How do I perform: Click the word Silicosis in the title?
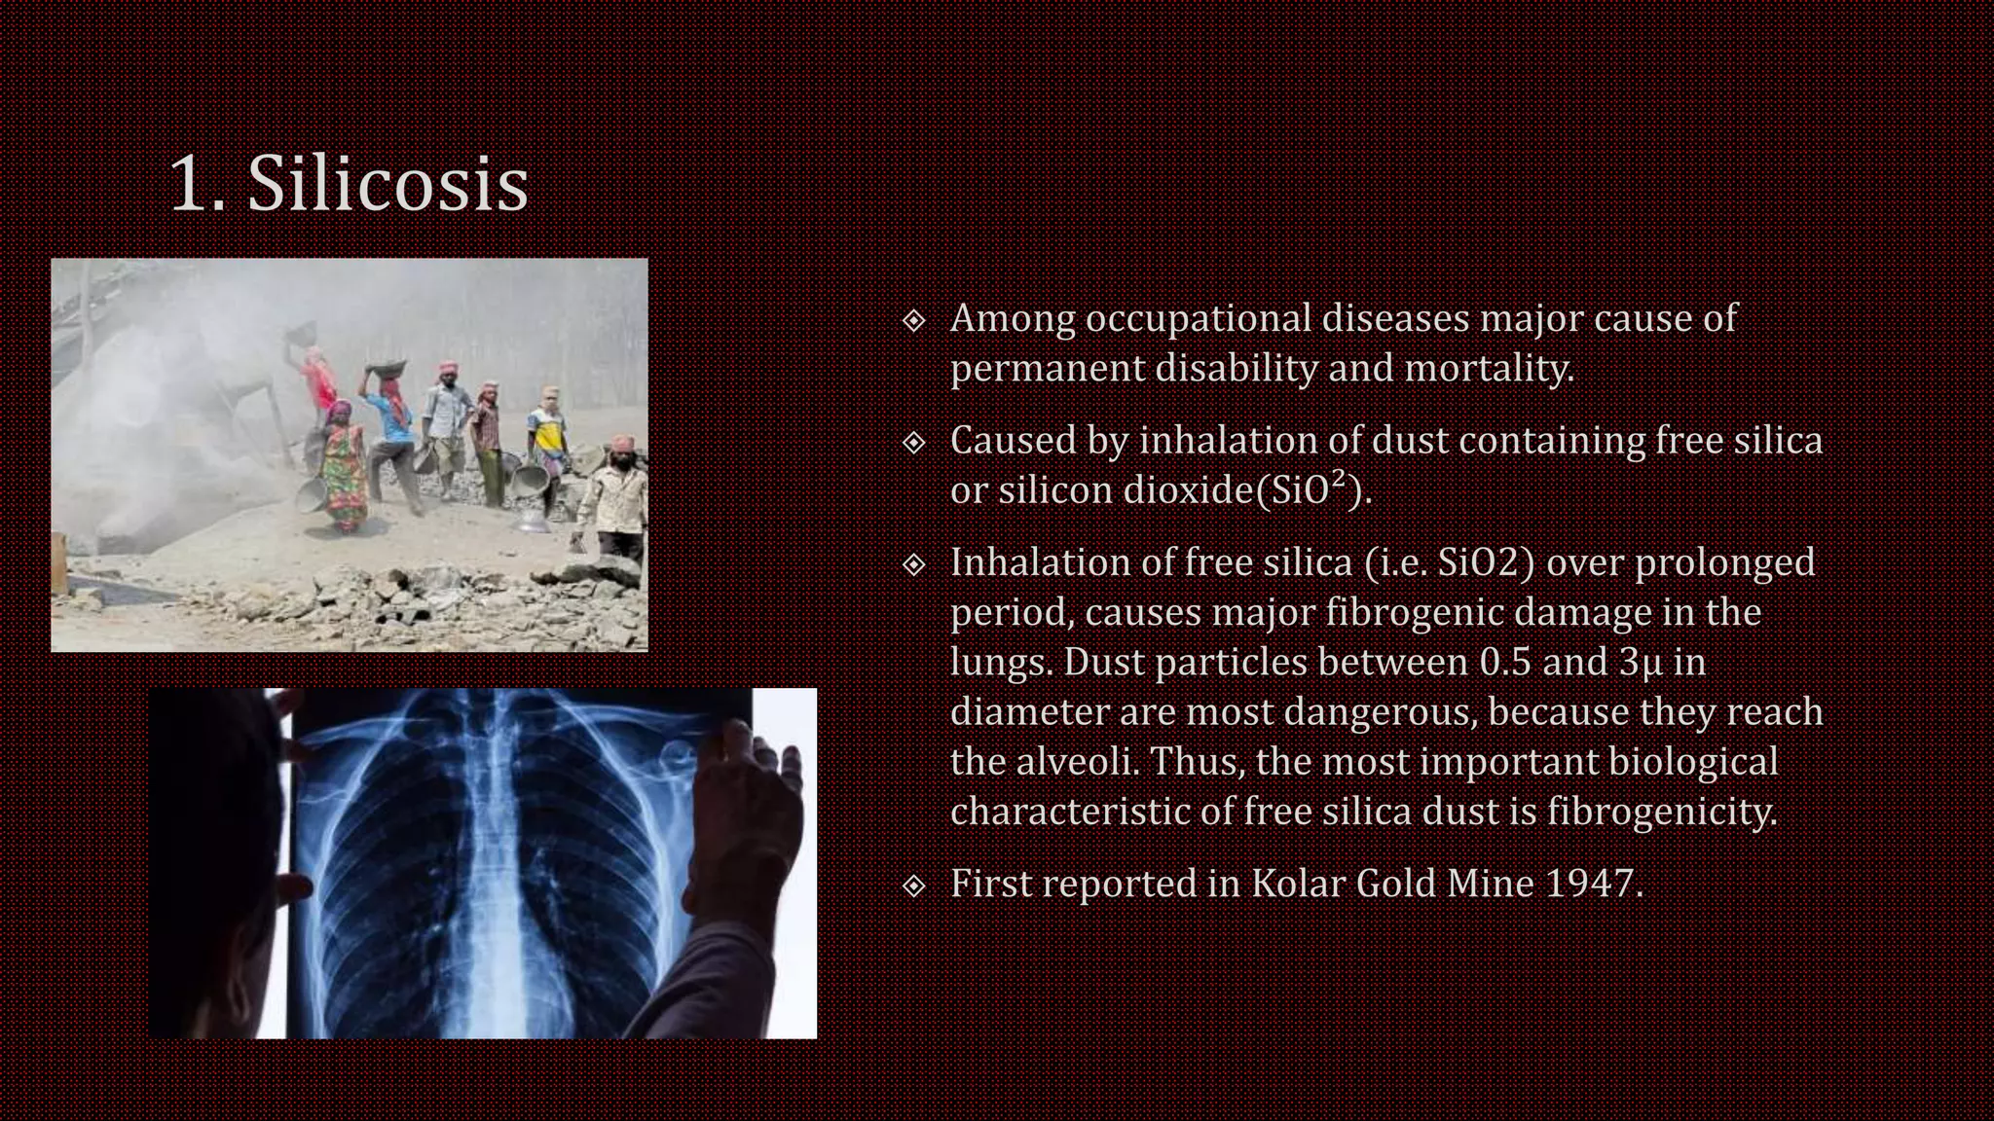388,185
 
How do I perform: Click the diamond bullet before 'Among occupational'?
913,320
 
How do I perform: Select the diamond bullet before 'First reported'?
913,886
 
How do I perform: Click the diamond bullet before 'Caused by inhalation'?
913,443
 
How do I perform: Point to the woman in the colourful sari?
341,467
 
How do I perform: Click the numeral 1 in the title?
187,185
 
